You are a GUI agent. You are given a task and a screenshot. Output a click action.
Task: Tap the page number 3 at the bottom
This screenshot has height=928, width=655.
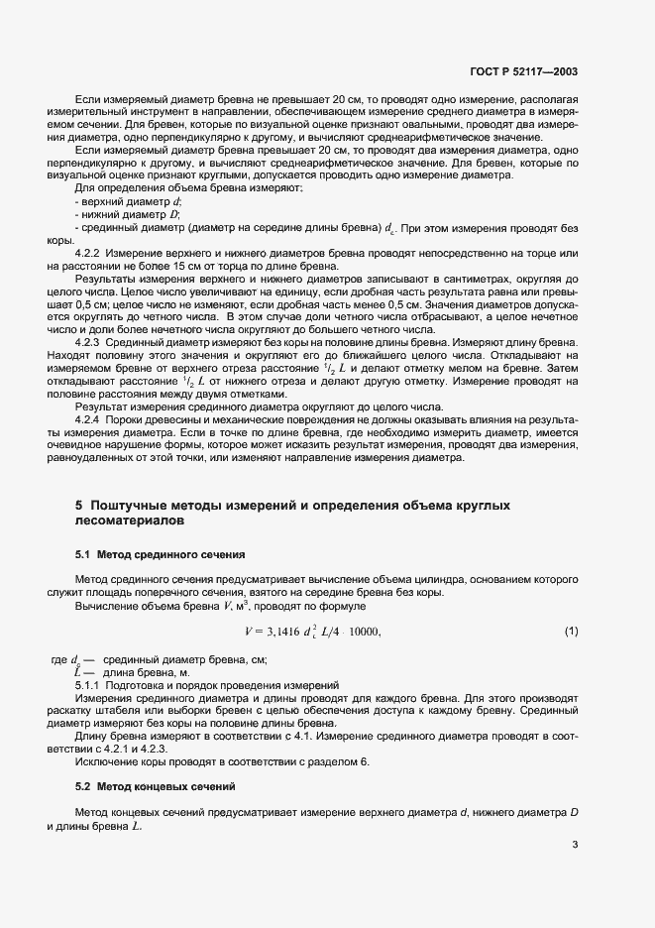pos(575,845)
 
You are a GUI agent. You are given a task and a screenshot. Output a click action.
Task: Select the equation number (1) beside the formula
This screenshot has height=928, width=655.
pos(571,631)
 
